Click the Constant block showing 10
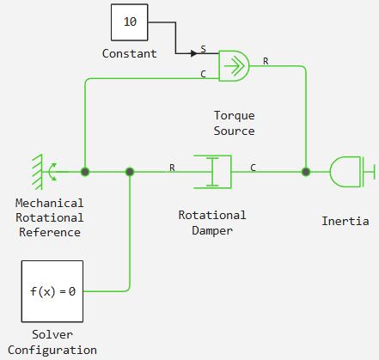click(130, 22)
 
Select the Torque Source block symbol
click(234, 66)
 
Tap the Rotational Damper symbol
click(212, 172)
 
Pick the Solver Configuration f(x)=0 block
click(52, 291)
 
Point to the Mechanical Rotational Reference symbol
click(45, 172)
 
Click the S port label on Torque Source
click(203, 49)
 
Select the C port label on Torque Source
click(203, 74)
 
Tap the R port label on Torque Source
click(266, 61)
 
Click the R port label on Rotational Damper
click(172, 168)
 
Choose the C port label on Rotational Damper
click(253, 168)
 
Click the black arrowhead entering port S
click(194, 53)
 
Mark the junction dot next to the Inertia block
click(306, 172)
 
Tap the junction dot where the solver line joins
click(130, 172)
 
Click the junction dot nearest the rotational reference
click(85, 172)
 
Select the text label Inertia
click(345, 221)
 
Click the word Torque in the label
click(235, 116)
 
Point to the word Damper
click(212, 231)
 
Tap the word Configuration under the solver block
click(52, 351)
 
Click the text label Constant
click(130, 53)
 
